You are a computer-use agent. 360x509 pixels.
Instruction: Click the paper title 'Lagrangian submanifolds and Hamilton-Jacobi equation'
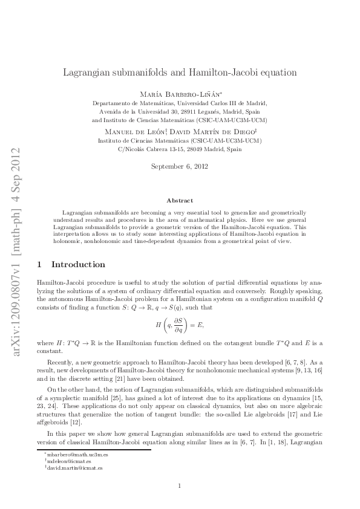(180, 73)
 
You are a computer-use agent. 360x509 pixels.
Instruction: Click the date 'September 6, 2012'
(180, 166)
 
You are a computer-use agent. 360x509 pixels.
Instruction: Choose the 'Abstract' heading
(180, 200)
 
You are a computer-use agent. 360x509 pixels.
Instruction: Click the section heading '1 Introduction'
(71, 264)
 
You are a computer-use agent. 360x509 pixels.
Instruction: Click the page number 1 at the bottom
(180, 485)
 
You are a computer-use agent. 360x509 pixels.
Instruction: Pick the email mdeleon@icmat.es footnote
(69, 460)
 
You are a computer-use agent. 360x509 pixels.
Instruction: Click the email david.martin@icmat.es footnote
(75, 467)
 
